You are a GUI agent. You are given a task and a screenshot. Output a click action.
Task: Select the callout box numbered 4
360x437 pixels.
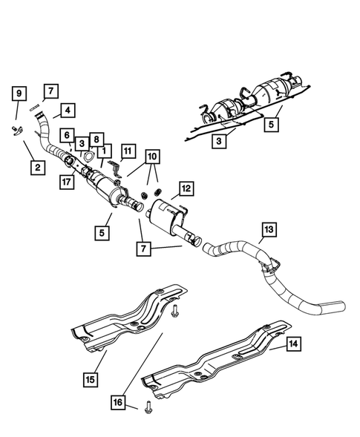[x=67, y=111]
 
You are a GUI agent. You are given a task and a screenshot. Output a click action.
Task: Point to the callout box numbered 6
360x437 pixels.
[x=68, y=135]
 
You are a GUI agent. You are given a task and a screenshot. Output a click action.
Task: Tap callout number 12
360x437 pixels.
[x=186, y=189]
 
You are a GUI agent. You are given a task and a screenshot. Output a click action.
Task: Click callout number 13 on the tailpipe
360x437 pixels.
[x=269, y=229]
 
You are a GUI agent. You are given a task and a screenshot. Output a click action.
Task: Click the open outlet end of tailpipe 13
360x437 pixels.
[x=338, y=305]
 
